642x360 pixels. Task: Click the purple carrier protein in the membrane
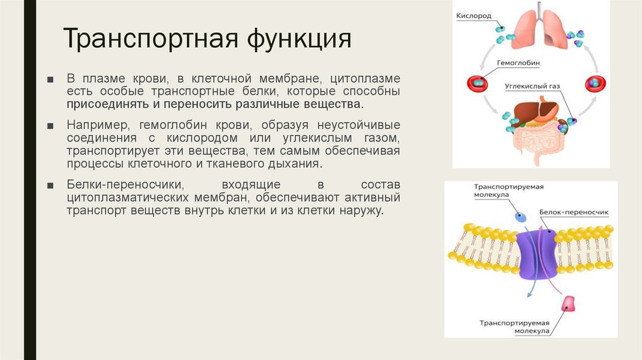(x=537, y=253)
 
